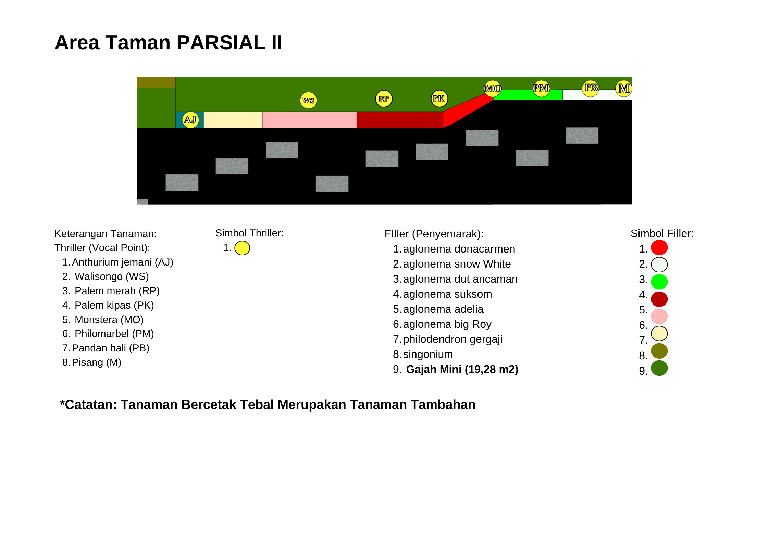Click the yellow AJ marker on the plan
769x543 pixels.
pos(190,120)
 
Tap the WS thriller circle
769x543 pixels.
pos(308,100)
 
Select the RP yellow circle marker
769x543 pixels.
pos(384,99)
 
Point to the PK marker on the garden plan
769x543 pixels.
pos(439,99)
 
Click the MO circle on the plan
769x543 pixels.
pos(493,88)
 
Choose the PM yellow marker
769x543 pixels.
pos(541,88)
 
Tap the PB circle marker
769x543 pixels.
pos(591,88)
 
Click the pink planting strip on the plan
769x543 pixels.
pos(309,120)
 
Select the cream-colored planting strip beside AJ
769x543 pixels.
pos(233,120)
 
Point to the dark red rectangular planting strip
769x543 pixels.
pos(400,120)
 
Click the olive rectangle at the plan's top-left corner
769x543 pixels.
pos(157,82)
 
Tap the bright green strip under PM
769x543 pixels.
pos(528,95)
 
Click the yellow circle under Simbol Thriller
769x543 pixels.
pos(242,248)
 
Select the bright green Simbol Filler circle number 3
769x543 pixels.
pos(659,282)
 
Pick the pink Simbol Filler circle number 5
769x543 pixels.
pos(659,316)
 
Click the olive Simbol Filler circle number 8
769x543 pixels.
pos(659,351)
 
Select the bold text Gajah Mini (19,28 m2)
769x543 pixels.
pos(462,370)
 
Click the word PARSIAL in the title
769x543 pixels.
pos(221,42)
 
